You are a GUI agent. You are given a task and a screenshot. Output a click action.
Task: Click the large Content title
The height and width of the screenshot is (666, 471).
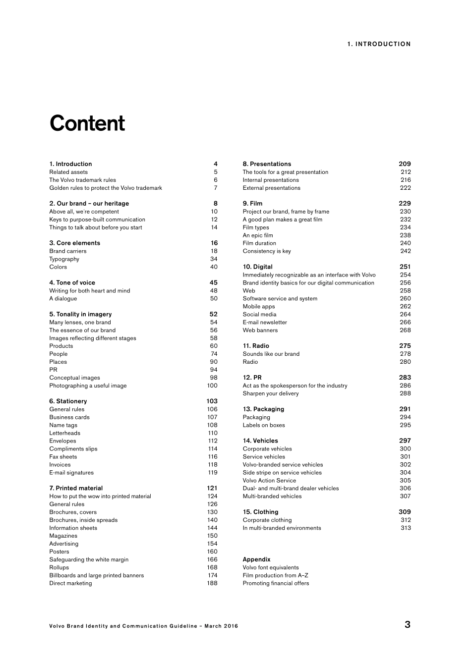coord(87,123)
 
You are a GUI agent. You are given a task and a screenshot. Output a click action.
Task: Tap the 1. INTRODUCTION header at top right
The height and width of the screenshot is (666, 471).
coord(379,44)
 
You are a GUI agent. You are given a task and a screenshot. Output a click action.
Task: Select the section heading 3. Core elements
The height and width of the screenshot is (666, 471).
coord(74,243)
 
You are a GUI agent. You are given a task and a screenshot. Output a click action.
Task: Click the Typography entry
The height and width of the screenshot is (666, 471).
coord(64,259)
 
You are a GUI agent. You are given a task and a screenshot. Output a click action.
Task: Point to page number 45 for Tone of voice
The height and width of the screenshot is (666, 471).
coord(213,282)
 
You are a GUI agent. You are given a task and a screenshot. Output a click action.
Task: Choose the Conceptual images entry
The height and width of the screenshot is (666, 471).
coord(74,378)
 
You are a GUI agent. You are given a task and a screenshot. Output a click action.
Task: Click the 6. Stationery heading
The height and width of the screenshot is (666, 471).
coord(68,401)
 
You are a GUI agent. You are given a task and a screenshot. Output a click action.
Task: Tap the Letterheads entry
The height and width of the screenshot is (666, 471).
coord(64,433)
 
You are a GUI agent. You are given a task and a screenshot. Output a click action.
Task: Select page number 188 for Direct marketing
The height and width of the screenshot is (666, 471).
coord(212,583)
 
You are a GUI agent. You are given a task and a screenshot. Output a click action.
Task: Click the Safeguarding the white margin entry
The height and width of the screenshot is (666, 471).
coord(89,559)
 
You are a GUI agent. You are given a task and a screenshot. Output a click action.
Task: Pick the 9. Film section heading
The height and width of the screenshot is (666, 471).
coord(252,203)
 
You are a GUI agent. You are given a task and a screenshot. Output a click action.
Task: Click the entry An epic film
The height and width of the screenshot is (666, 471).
coord(258,235)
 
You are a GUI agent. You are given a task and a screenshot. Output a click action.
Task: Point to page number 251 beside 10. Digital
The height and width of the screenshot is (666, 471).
coord(405,267)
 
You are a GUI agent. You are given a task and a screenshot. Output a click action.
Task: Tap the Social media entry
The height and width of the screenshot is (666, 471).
coord(259,314)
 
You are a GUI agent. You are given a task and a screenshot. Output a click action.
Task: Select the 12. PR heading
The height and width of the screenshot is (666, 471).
coord(252,377)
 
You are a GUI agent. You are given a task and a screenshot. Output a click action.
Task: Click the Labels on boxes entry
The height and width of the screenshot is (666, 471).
coord(264,425)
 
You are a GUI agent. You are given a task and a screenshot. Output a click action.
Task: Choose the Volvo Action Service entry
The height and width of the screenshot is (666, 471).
coord(269,480)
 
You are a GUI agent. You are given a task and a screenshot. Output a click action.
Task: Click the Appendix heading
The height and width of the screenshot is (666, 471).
coord(256,559)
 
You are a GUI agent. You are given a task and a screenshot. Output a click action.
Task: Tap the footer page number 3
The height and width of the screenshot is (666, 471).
coord(408,624)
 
